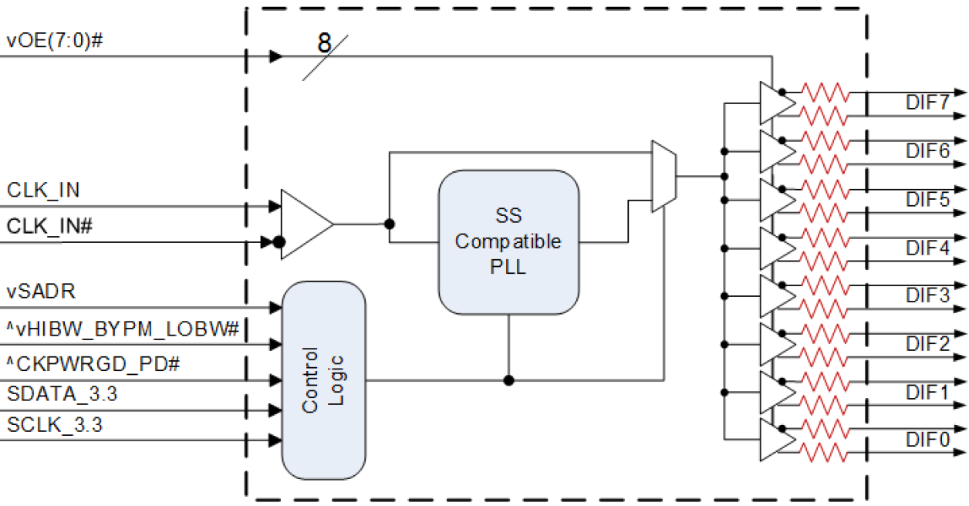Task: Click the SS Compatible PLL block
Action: tap(509, 242)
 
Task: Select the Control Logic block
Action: tap(323, 380)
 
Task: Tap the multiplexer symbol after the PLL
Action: tap(663, 177)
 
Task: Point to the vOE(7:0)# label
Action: tap(55, 41)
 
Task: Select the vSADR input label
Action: tap(41, 292)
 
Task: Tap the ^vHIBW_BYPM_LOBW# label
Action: tap(123, 329)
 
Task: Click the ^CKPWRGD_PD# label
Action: tap(93, 363)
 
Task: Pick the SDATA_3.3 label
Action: tap(62, 394)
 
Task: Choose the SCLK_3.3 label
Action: tap(55, 423)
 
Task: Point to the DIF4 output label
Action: tap(927, 248)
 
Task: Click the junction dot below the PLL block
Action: tap(508, 380)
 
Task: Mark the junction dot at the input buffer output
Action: tap(390, 224)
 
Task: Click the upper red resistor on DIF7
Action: tap(825, 93)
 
